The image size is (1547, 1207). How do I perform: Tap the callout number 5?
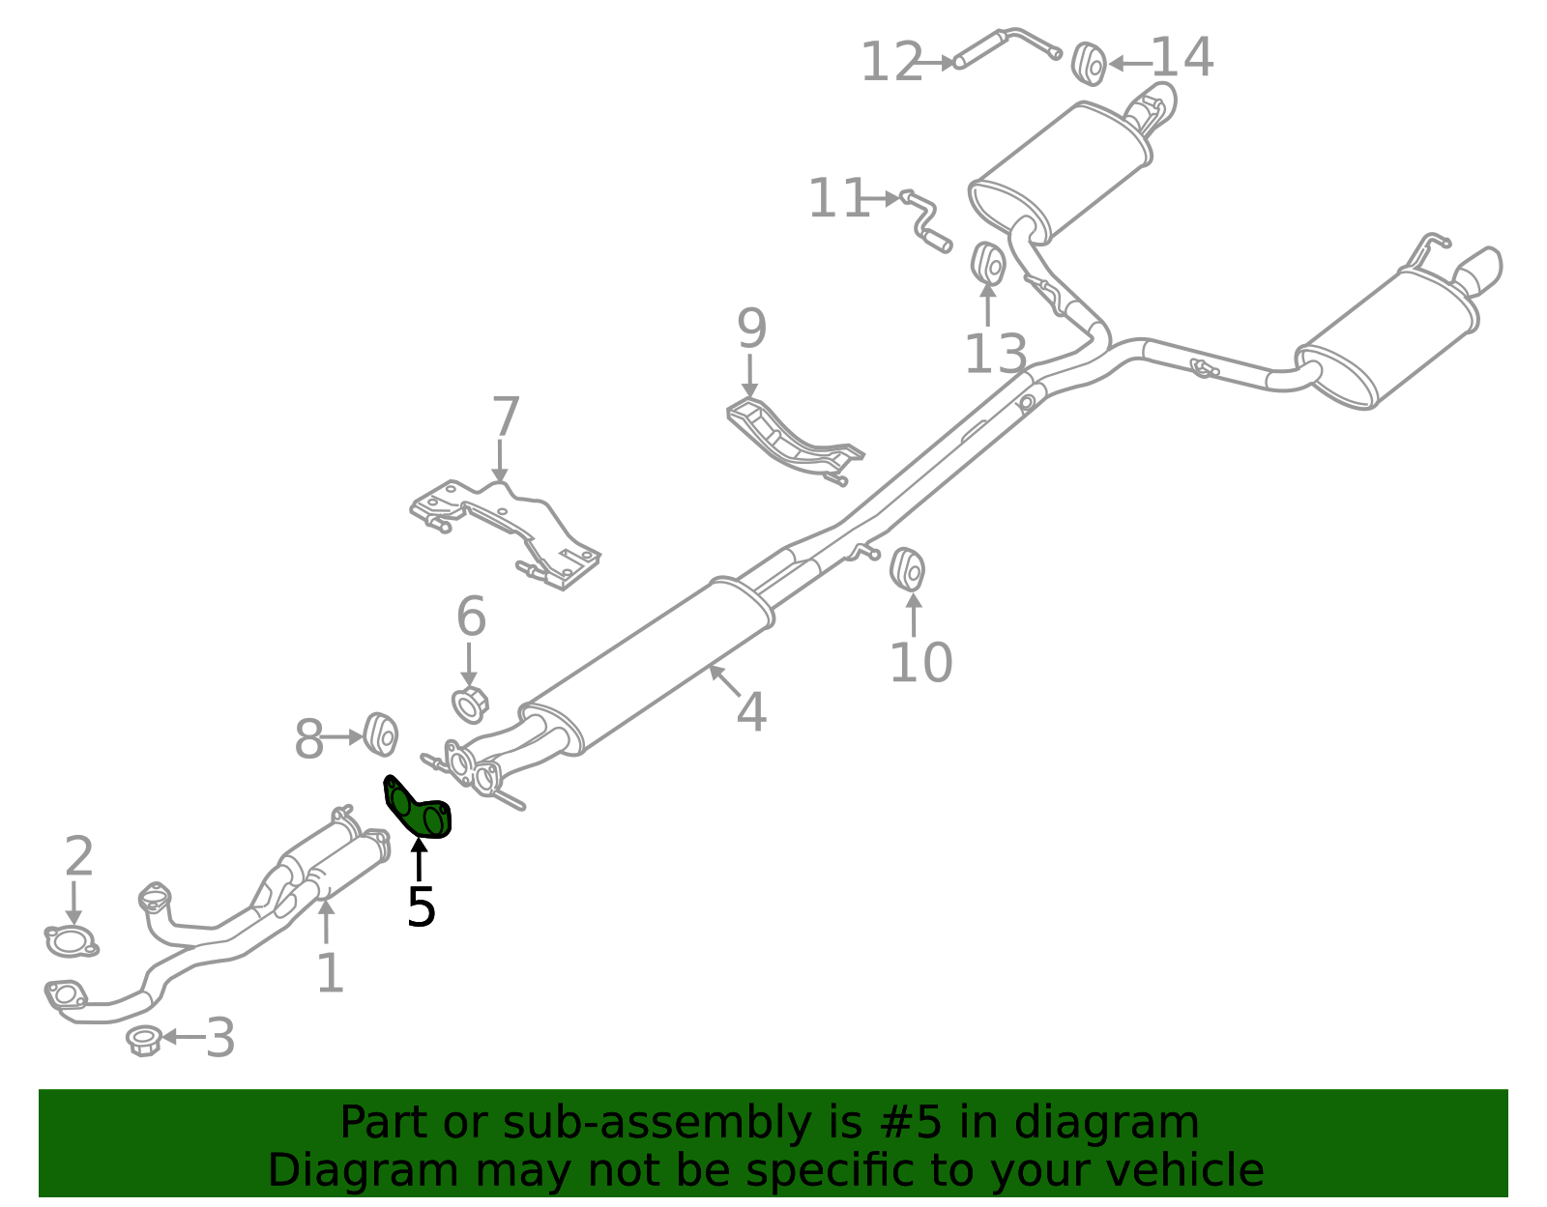click(421, 906)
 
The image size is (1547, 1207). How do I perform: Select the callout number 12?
click(892, 62)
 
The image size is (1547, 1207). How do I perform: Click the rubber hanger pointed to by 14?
click(1089, 64)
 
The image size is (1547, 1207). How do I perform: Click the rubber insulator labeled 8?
click(380, 734)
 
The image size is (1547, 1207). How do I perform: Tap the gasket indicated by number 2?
click(71, 941)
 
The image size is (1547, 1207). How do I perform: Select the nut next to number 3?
click(143, 1042)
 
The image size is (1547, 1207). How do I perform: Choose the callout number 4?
click(752, 711)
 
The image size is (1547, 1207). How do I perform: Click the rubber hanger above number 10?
click(907, 570)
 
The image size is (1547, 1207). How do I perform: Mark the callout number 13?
click(995, 354)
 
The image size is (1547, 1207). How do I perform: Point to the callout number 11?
click(838, 198)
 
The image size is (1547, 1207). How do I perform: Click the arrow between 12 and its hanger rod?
click(938, 63)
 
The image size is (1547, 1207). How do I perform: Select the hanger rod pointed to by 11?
click(925, 220)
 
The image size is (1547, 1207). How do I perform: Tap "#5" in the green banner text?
click(911, 1122)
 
